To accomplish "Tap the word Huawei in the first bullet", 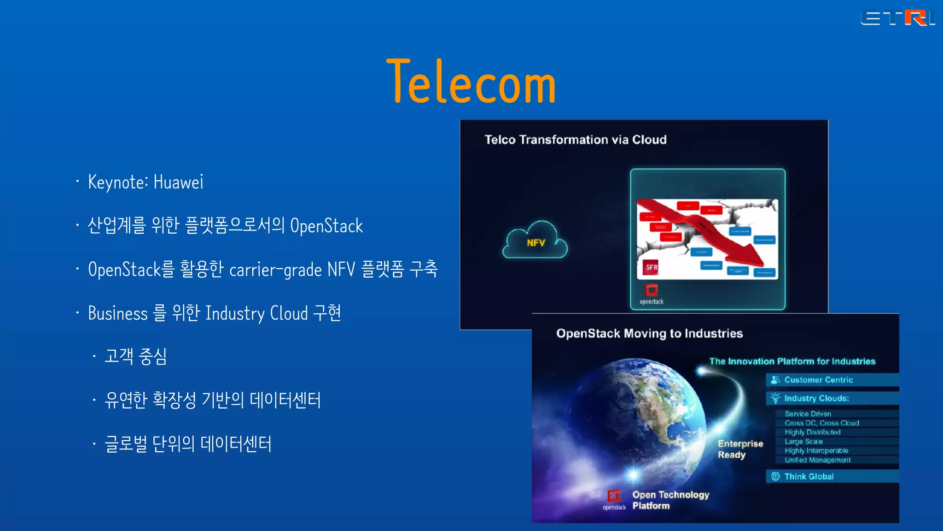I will [178, 182].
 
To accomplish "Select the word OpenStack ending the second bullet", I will [326, 226].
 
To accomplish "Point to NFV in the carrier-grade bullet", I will [341, 270].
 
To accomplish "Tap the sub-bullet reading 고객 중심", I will [135, 356].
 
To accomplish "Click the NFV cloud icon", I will [535, 241].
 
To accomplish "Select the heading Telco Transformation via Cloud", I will [575, 140].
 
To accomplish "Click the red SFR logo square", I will [651, 267].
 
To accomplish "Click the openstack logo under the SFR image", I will [651, 294].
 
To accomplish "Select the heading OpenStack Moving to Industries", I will [649, 333].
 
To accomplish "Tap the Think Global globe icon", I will [775, 476].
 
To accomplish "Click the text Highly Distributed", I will [812, 432].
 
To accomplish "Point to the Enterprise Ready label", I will [740, 449].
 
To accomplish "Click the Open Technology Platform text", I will [670, 500].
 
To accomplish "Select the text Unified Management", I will [817, 460].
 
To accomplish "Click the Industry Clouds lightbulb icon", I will [775, 398].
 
